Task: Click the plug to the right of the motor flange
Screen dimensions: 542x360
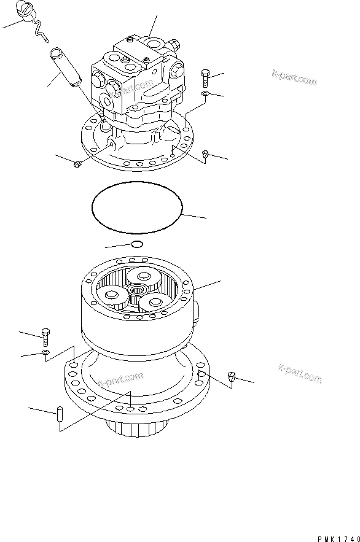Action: click(206, 156)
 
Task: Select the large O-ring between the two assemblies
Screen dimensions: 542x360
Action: click(137, 207)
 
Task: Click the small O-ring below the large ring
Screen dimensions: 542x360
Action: click(137, 245)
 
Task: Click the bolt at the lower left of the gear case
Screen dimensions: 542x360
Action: click(44, 335)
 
